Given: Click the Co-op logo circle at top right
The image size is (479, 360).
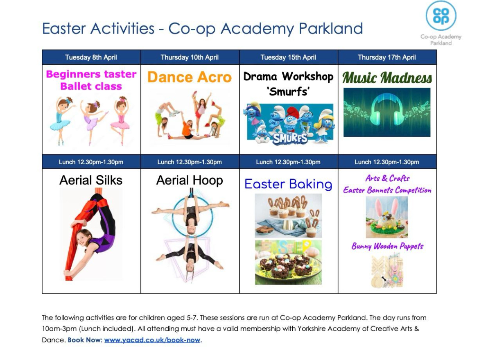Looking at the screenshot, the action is point(441,16).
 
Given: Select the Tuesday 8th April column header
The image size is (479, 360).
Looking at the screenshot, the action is point(91,57).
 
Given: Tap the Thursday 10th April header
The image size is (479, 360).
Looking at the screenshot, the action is point(190,57).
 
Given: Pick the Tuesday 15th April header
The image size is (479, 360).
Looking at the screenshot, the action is point(288,57).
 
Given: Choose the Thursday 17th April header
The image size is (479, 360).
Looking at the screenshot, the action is point(387,57).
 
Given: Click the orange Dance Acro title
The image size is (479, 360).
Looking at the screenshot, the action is point(190,77).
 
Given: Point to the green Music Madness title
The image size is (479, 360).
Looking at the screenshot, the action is point(387,78).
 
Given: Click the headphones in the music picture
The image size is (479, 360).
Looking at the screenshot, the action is point(387,109).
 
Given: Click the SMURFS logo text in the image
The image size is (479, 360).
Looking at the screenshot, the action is point(290,138).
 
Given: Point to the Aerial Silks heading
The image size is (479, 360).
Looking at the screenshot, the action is point(91,180).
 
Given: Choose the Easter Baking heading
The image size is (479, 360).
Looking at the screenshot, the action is point(288,184).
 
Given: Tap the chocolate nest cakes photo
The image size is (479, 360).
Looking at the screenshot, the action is point(288,262).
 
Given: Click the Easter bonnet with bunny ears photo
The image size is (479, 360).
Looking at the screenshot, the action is point(387,217).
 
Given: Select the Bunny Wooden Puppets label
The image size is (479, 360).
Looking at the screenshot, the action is point(387,246).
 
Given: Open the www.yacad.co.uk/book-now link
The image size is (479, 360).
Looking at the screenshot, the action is point(152,340).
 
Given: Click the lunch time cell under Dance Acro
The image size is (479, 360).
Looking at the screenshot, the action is point(190,162).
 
